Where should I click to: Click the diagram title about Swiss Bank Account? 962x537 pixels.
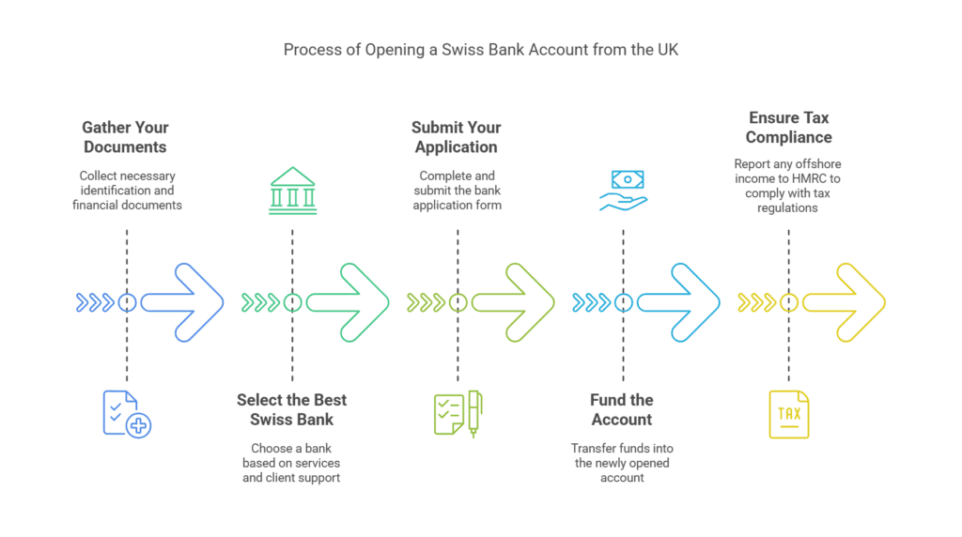pos(480,49)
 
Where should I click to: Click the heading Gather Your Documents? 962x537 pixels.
pos(125,137)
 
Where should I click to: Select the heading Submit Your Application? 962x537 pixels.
pos(457,137)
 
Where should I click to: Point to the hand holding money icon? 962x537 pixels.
pos(622,190)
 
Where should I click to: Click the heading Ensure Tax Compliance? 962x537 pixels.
pos(789,128)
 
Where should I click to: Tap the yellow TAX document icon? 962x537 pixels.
pos(788,414)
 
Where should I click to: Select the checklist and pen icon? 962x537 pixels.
pos(458,414)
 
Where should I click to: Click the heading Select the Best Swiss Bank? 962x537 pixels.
pos(291,409)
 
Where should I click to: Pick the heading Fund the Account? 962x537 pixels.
pos(622,409)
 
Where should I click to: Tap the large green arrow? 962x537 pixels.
pos(352,302)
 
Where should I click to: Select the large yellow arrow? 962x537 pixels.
pos(847,302)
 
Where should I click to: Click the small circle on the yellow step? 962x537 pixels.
pos(789,302)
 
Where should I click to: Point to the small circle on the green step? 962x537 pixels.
pos(293,302)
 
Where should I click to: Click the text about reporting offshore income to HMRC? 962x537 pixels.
pos(788,186)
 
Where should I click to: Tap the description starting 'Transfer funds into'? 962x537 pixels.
pos(622,463)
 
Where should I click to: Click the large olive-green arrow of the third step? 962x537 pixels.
pos(518,302)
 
